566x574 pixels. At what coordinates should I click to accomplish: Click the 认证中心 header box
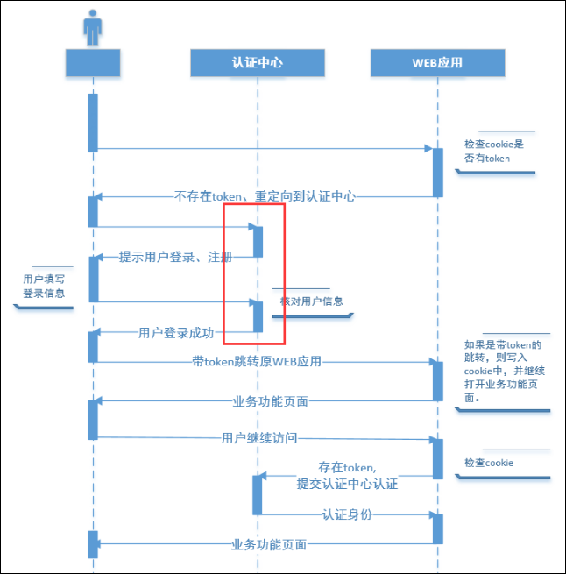tap(258, 63)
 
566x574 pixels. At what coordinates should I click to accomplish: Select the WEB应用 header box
tap(437, 63)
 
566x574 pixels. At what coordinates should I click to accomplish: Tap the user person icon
tap(92, 27)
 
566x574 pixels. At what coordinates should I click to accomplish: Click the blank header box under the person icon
tap(93, 63)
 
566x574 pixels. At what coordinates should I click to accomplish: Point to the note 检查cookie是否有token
tap(494, 152)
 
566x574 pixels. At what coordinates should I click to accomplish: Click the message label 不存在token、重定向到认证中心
tap(265, 196)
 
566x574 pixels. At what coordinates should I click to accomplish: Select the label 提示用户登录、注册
tap(175, 257)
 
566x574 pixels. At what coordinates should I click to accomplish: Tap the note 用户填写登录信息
tap(44, 287)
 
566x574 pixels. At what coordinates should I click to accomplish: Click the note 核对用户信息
tap(311, 301)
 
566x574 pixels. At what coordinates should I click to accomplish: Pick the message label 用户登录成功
tap(176, 333)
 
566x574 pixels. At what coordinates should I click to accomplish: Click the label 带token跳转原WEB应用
tap(257, 362)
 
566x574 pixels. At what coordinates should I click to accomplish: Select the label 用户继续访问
tap(259, 438)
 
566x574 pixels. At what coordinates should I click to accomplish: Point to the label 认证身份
tap(347, 514)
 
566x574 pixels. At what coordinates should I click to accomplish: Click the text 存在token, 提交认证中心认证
tap(347, 476)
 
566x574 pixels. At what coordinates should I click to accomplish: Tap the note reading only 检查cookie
tap(489, 463)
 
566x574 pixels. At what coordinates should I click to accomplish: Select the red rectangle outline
tap(223, 273)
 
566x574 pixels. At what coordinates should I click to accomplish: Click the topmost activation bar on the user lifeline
tap(93, 123)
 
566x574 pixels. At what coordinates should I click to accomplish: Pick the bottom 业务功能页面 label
tap(269, 545)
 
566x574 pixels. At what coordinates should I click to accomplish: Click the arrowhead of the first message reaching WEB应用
tap(428, 148)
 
